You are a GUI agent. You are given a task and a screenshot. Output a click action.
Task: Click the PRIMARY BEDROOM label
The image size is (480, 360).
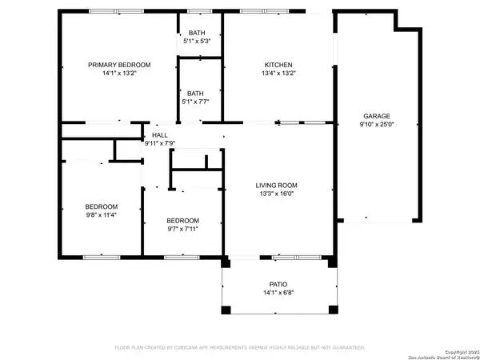(x=119, y=65)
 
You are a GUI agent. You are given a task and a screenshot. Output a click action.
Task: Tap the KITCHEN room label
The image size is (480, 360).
(x=278, y=65)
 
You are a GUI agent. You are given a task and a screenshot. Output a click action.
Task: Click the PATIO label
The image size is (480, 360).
(x=278, y=283)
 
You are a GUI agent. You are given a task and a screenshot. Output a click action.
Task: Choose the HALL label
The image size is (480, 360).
(x=160, y=135)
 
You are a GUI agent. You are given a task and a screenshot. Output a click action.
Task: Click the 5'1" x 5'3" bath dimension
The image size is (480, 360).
(x=197, y=41)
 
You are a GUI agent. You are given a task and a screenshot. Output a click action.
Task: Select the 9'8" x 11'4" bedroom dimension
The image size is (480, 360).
(x=102, y=214)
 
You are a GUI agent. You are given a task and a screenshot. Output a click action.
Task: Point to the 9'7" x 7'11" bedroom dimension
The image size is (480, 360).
(x=182, y=229)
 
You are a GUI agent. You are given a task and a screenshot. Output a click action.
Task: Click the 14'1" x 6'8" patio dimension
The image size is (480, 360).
(x=278, y=293)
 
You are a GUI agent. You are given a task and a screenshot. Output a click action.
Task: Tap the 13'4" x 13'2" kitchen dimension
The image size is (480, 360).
(x=278, y=74)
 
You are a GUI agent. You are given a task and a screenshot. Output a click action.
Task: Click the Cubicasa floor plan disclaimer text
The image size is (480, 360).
(x=239, y=348)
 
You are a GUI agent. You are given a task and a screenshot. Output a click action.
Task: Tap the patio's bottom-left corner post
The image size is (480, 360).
(x=226, y=310)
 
